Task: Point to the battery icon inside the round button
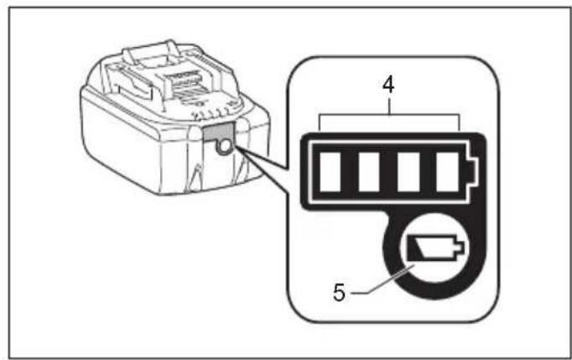pyautogui.click(x=429, y=249)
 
